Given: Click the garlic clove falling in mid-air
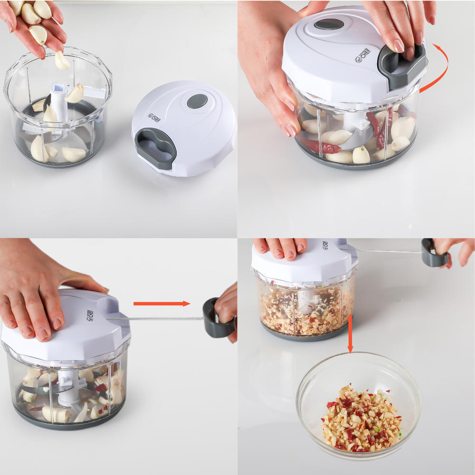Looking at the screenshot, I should click(62, 60).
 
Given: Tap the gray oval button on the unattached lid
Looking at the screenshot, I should click(197, 101).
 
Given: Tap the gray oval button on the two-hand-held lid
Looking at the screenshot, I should click(329, 24).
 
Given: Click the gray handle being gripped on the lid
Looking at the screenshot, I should click(401, 66).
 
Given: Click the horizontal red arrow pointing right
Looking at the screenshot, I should click(161, 304).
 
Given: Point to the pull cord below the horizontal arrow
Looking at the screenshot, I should click(161, 318).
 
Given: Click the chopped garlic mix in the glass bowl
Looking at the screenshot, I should click(361, 418).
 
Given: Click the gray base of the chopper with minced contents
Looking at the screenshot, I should click(304, 333).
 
